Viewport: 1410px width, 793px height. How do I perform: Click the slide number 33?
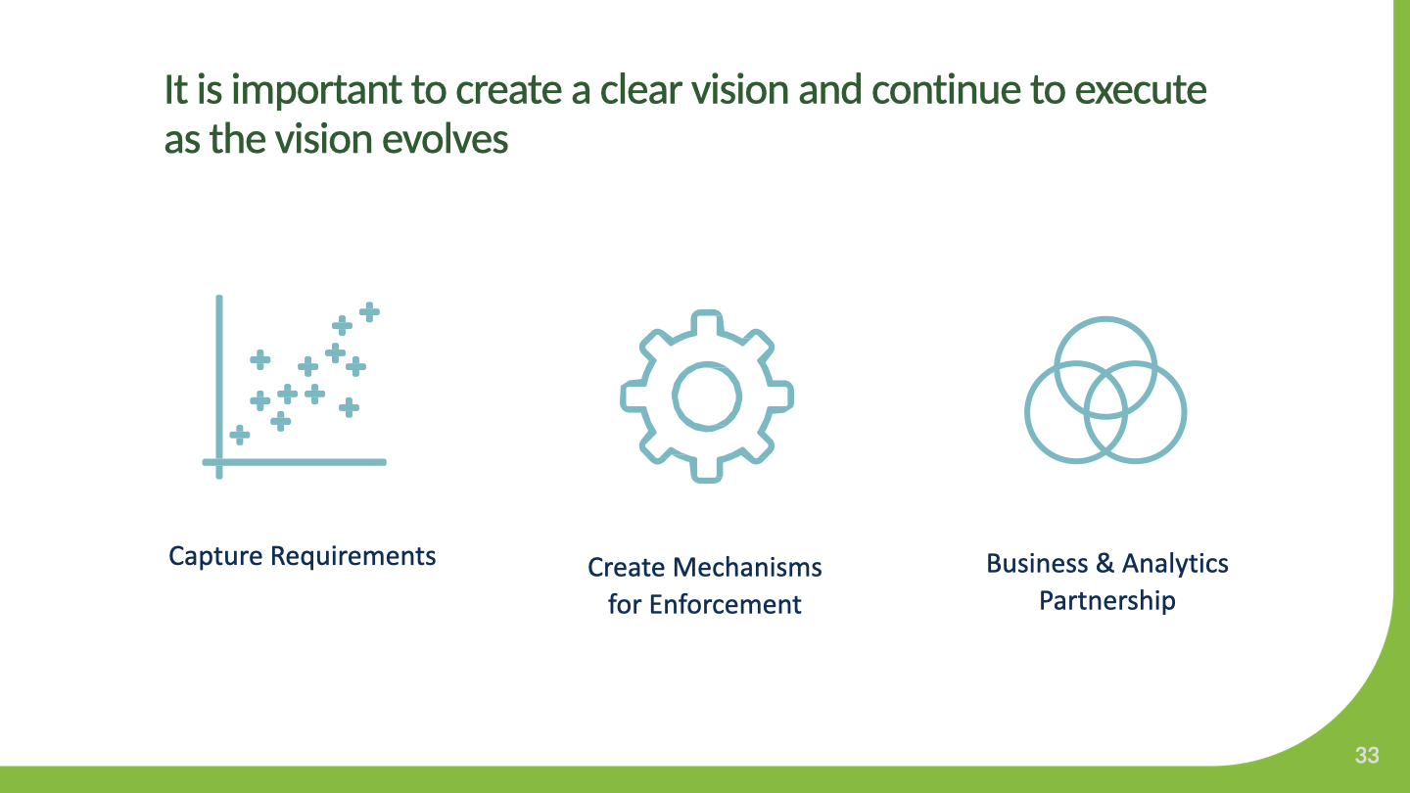click(x=1367, y=755)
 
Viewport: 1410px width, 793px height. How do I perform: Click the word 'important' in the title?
click(x=316, y=91)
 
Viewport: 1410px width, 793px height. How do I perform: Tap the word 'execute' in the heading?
click(x=1140, y=90)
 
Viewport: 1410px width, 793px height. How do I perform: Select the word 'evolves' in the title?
click(x=445, y=138)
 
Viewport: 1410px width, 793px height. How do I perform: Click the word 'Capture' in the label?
click(x=215, y=557)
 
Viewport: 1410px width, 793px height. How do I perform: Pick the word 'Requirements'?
click(x=353, y=557)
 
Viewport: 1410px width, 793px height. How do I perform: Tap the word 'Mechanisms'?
click(x=747, y=568)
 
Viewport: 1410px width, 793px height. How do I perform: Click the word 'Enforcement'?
click(x=726, y=605)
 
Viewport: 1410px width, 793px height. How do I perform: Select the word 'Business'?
click(x=1037, y=563)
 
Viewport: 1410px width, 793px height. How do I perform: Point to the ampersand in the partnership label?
click(x=1104, y=563)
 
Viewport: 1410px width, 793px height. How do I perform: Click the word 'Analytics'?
click(x=1175, y=564)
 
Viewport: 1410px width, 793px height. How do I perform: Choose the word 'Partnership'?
click(x=1107, y=601)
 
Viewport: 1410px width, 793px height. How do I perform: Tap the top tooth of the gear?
click(x=707, y=321)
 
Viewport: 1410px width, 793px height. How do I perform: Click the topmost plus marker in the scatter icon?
click(x=369, y=311)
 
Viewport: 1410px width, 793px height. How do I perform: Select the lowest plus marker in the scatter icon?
click(x=239, y=435)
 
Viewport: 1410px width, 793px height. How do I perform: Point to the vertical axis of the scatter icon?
click(x=219, y=387)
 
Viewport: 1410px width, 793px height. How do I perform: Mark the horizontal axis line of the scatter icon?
click(x=294, y=462)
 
